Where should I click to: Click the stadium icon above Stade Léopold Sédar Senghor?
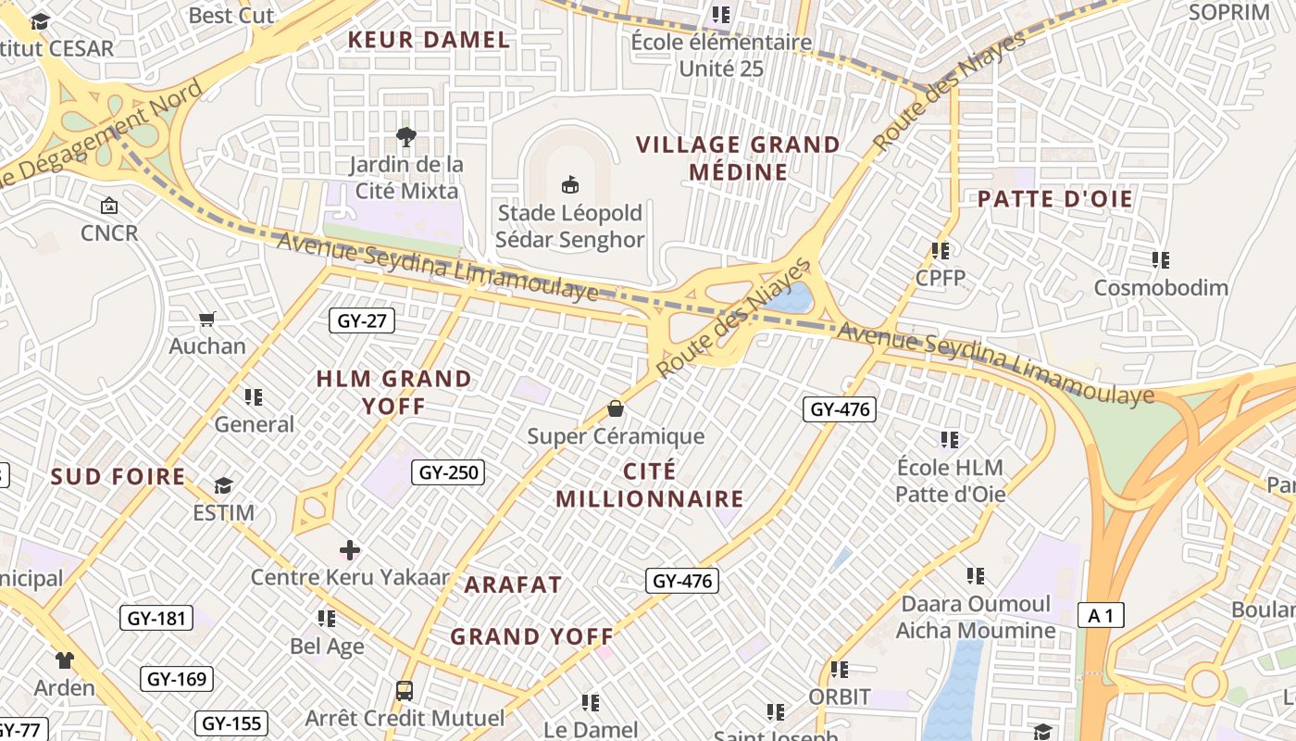(x=570, y=184)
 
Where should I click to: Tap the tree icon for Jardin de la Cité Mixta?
(x=405, y=138)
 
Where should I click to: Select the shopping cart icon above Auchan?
(x=207, y=320)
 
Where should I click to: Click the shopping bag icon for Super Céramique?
(x=616, y=408)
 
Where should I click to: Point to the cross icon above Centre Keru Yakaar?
(x=350, y=550)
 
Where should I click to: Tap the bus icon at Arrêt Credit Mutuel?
(x=405, y=690)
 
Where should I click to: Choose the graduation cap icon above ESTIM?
(x=223, y=485)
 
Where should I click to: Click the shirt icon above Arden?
(x=64, y=660)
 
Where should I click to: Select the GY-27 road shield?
(x=362, y=321)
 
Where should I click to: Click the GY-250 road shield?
(x=449, y=472)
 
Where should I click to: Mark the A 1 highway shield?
(x=1101, y=614)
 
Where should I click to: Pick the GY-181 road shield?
(x=156, y=618)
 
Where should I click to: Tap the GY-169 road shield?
(x=177, y=679)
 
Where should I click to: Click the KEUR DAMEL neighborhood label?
(x=429, y=40)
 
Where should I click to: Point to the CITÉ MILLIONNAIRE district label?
(x=650, y=485)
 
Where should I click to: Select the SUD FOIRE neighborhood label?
(x=118, y=477)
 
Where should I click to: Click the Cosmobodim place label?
(x=1161, y=287)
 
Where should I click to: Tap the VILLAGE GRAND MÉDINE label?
(x=738, y=158)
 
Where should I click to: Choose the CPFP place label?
(x=940, y=278)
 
